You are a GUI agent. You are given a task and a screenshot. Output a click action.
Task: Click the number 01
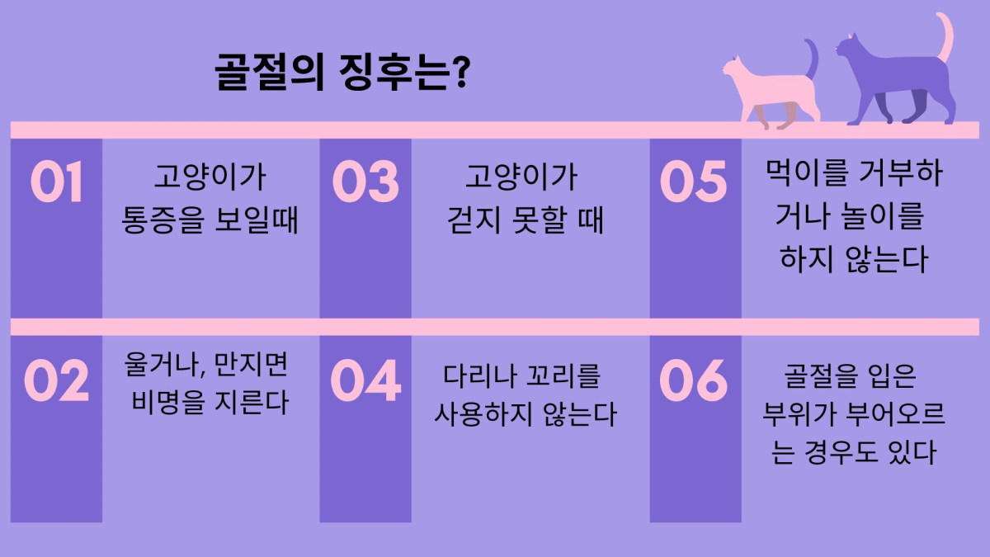(x=57, y=182)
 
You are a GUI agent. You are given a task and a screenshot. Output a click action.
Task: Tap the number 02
(x=57, y=380)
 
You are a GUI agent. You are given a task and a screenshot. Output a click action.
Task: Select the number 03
(x=365, y=182)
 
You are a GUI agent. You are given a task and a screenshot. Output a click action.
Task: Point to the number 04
(x=365, y=380)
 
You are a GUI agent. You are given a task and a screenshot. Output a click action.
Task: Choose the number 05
(x=693, y=182)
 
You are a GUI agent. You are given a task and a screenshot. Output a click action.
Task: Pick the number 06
(x=693, y=380)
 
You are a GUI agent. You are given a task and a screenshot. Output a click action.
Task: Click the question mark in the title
(x=461, y=71)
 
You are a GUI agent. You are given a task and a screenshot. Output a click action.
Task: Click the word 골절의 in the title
(x=270, y=72)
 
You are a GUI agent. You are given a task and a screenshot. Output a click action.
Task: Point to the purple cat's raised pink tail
(x=945, y=36)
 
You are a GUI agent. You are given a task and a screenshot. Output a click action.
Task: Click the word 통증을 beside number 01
(x=163, y=219)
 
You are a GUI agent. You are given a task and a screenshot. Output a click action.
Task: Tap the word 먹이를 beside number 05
(x=806, y=172)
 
